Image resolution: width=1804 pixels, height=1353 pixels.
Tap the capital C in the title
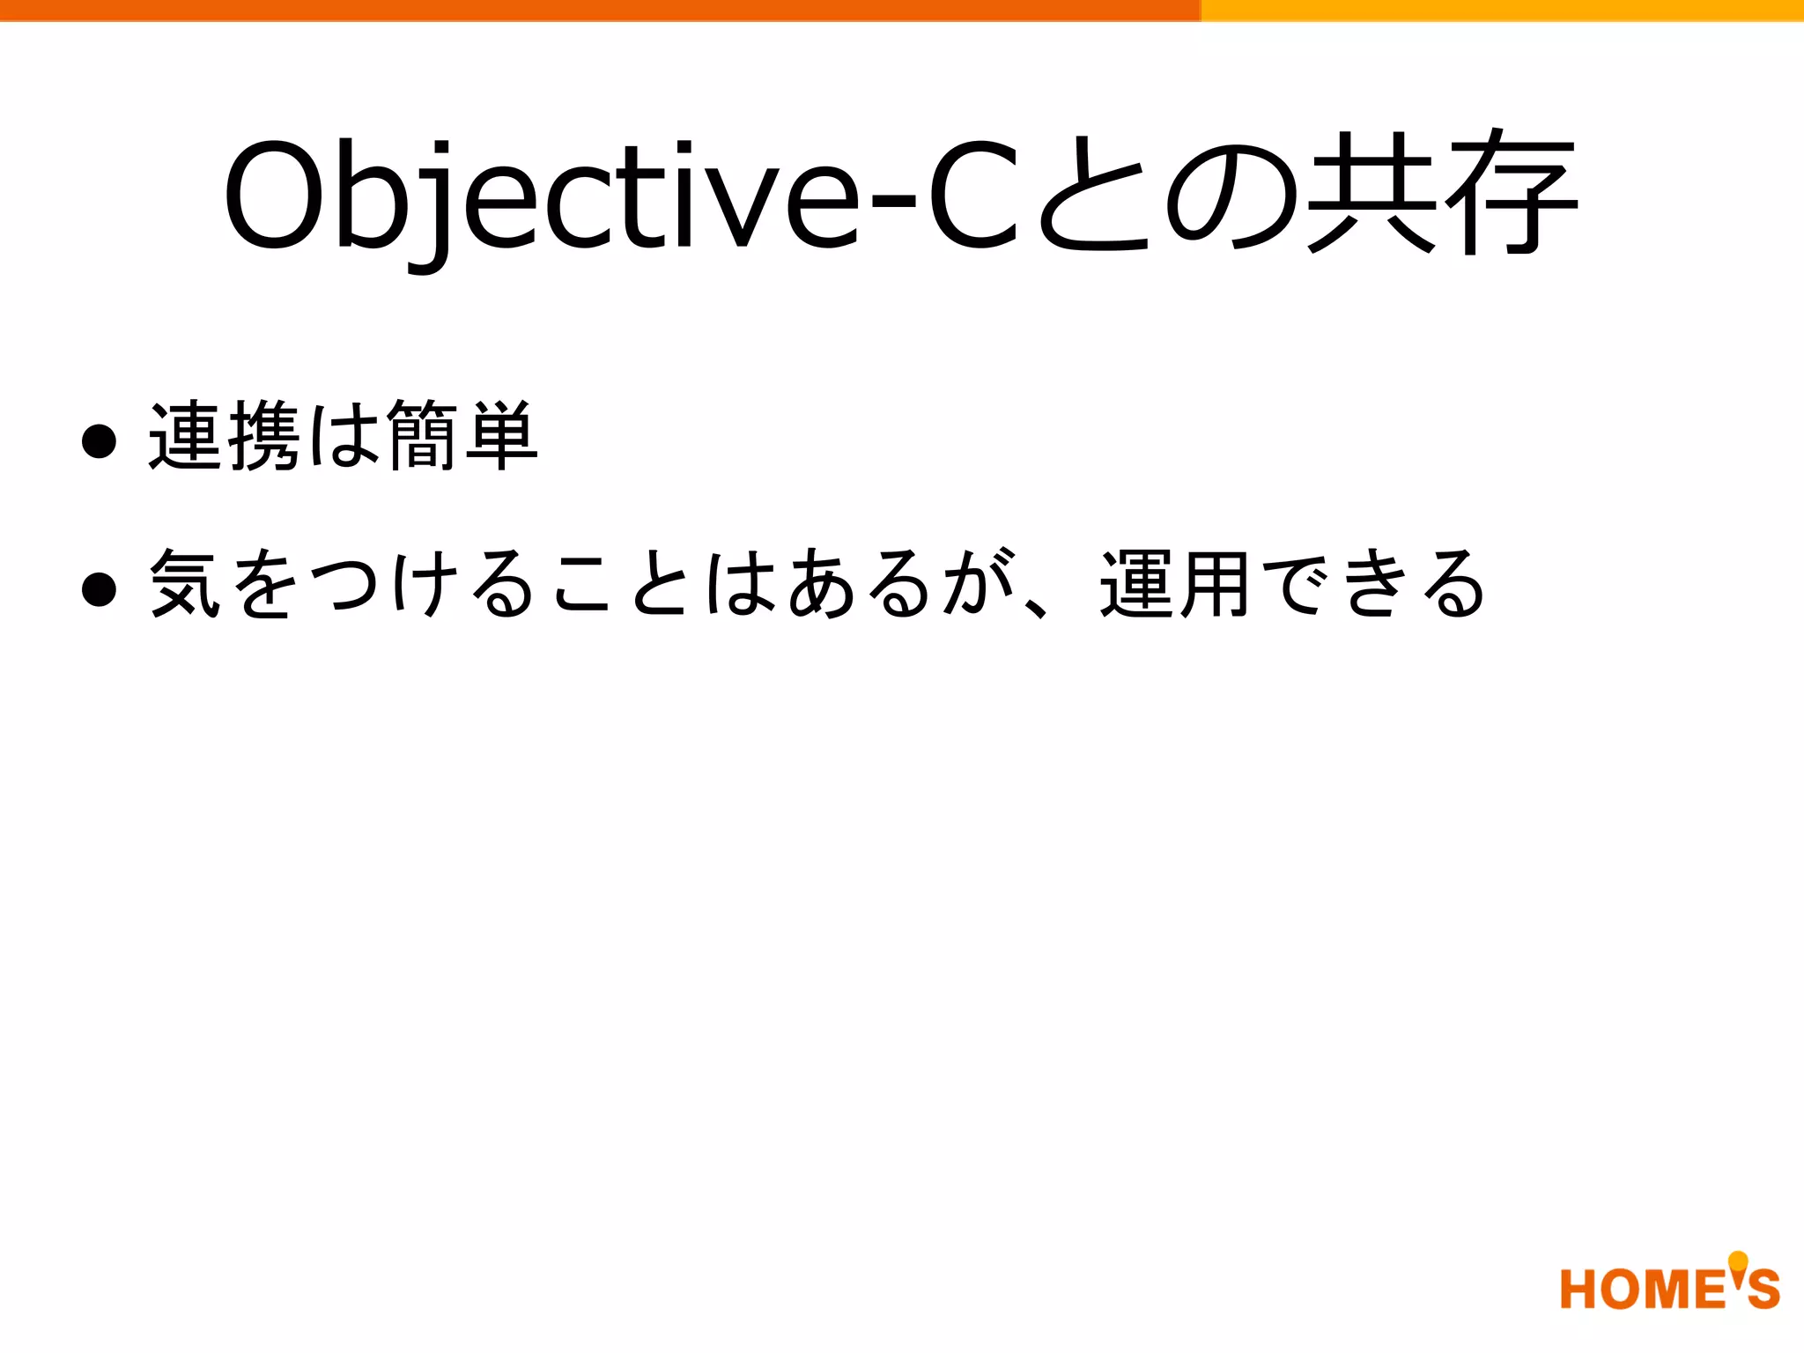tap(974, 196)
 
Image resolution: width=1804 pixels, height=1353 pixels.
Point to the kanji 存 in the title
tap(1508, 192)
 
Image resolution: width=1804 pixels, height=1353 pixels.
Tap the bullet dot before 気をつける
tap(99, 589)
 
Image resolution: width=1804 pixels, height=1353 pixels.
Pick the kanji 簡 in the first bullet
tap(421, 436)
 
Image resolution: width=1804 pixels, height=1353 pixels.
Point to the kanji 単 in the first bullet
tap(500, 436)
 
